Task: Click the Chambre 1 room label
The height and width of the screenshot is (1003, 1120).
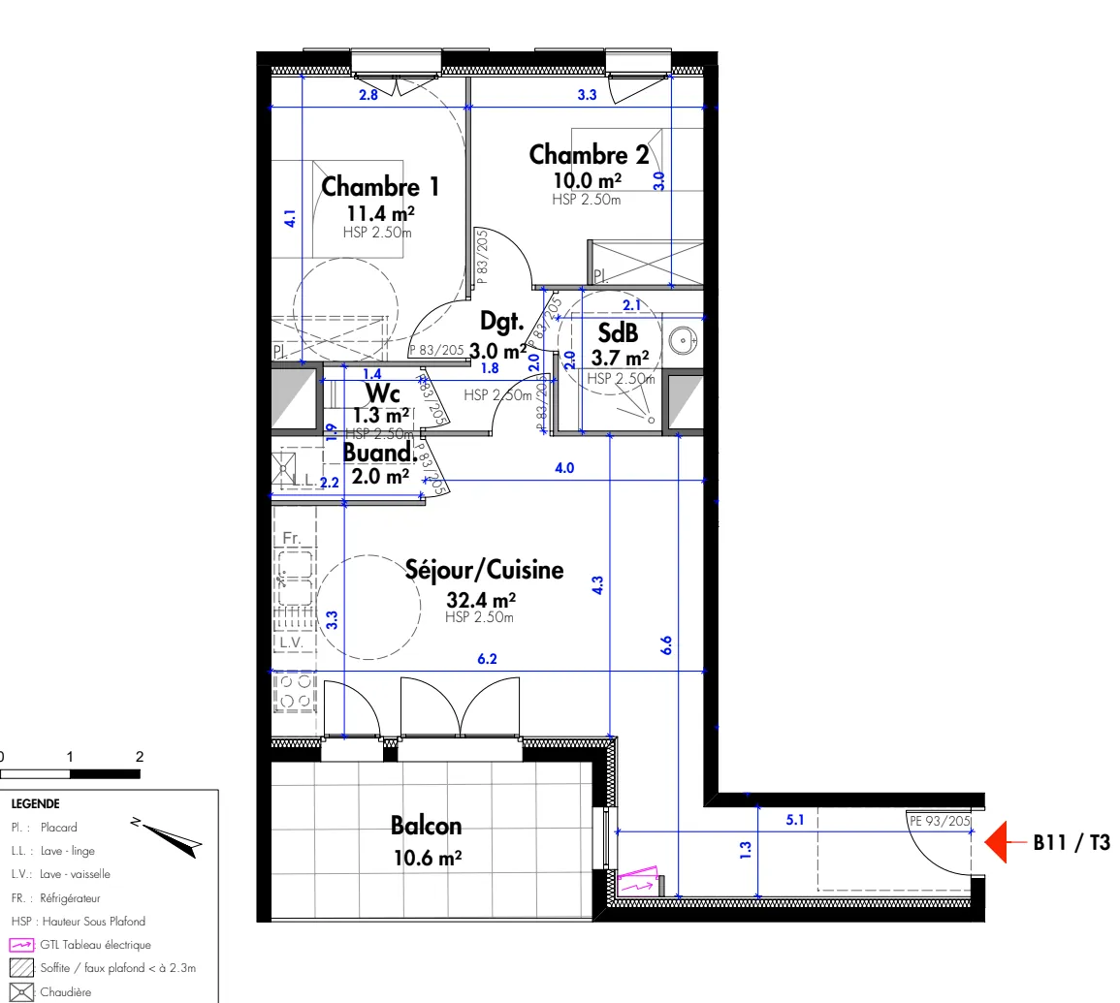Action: pyautogui.click(x=380, y=185)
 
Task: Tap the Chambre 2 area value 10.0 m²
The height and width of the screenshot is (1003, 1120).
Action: pyautogui.click(x=587, y=181)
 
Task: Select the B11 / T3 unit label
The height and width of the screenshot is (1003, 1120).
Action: pyautogui.click(x=1071, y=843)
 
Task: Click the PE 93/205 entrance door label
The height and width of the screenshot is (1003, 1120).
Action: pyautogui.click(x=940, y=821)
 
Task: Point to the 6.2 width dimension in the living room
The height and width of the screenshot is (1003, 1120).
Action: pyautogui.click(x=487, y=660)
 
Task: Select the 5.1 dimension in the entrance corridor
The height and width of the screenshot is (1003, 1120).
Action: pyautogui.click(x=794, y=821)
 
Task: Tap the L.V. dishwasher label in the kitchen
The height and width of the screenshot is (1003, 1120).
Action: pyautogui.click(x=291, y=643)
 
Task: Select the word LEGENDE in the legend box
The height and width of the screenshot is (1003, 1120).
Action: pyautogui.click(x=35, y=803)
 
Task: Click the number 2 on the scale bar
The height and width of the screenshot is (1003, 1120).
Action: pyautogui.click(x=140, y=757)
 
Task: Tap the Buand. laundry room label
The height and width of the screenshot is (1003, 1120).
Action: pyautogui.click(x=379, y=453)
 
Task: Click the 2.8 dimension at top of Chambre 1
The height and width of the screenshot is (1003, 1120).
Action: pyautogui.click(x=368, y=95)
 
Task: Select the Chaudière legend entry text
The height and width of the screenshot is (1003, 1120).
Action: pyautogui.click(x=66, y=991)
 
